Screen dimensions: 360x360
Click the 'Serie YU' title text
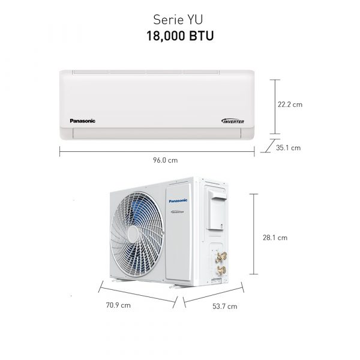(178, 20)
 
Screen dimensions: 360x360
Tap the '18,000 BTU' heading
(180, 36)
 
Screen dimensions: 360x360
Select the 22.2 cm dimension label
(290, 104)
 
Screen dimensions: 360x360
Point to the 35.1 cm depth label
(288, 148)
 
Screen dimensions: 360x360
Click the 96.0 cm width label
(166, 160)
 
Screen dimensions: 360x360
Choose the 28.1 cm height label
(275, 238)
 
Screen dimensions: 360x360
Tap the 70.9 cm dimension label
(118, 305)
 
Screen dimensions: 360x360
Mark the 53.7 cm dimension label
(225, 306)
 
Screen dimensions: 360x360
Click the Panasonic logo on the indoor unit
(82, 121)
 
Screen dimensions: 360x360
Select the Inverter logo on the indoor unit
(233, 121)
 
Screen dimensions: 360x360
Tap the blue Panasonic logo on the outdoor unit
(178, 200)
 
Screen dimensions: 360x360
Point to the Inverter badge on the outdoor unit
(177, 212)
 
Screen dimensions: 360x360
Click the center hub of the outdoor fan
(133, 234)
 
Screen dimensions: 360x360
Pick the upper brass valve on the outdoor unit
(221, 256)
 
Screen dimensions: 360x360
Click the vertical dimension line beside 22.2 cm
(275, 107)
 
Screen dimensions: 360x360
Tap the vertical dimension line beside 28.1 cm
(254, 234)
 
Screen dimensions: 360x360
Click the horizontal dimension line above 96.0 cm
(157, 152)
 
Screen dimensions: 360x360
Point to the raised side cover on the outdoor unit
(217, 211)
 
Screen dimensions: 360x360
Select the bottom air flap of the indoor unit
(157, 133)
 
